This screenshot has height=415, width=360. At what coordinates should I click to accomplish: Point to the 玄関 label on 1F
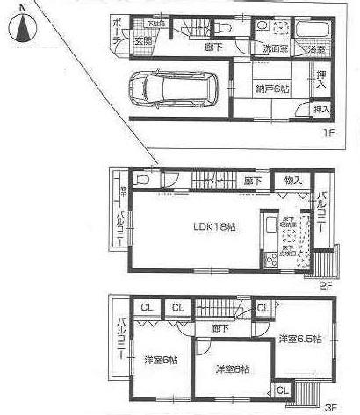click(143, 39)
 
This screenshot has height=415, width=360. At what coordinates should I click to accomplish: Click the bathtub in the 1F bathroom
click(312, 30)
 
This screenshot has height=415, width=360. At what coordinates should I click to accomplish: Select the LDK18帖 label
click(215, 227)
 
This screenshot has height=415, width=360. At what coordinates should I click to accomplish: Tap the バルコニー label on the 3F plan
click(119, 343)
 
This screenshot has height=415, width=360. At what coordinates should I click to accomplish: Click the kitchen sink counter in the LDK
click(268, 237)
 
